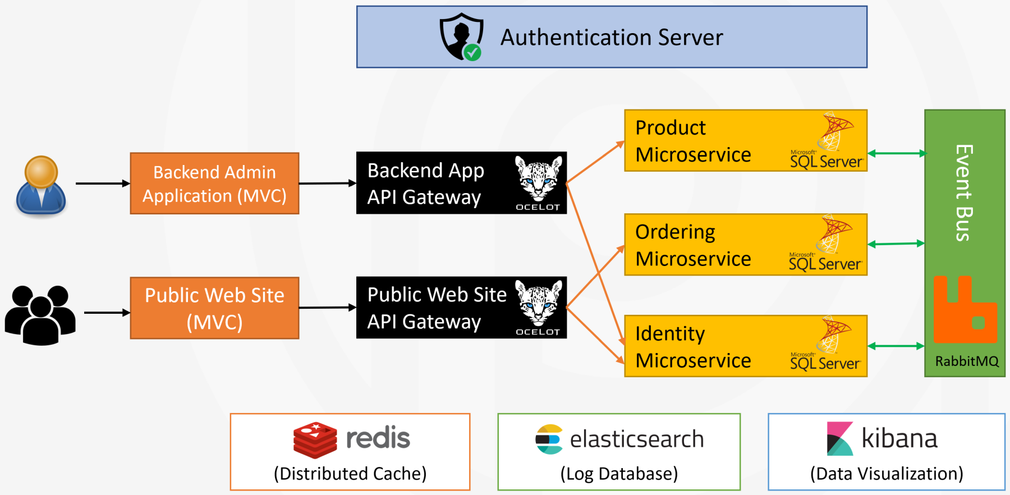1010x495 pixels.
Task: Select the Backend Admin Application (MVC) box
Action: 214,184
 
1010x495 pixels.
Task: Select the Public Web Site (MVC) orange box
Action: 214,308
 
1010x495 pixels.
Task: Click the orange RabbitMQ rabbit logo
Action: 965,310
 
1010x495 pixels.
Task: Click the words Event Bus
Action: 963,192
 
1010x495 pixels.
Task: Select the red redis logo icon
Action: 315,440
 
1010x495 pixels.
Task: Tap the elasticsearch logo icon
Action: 549,439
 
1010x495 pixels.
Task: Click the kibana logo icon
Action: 839,439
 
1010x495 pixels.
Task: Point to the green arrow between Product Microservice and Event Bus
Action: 897,153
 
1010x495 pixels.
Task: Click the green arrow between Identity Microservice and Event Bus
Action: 897,346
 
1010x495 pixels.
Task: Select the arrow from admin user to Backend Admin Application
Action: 103,184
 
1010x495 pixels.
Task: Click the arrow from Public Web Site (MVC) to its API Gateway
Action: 328,308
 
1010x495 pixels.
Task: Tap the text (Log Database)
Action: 619,474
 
